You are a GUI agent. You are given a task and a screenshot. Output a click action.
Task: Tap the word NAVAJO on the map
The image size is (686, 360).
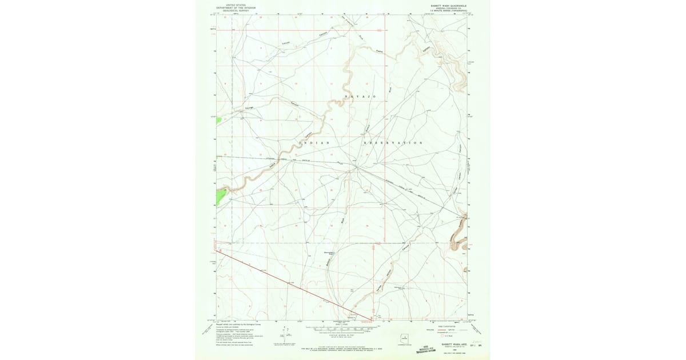click(x=360, y=97)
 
